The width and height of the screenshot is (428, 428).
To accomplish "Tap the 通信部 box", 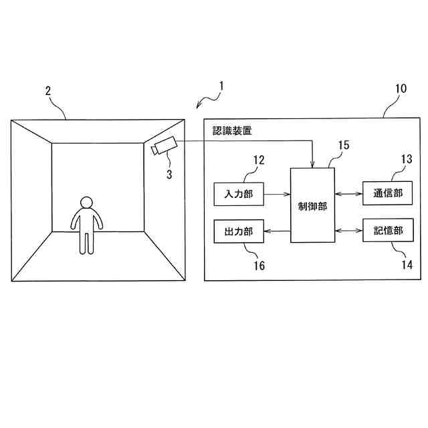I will [388, 194].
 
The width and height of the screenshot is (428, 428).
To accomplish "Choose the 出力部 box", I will [239, 231].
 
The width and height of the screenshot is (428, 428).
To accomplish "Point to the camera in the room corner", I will [163, 146].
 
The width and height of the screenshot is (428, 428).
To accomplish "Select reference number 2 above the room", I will [48, 92].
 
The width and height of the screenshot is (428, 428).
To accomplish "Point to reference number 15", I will [344, 144].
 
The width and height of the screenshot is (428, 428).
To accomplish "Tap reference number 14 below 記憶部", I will [405, 265].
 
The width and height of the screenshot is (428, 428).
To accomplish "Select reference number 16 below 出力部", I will [259, 265].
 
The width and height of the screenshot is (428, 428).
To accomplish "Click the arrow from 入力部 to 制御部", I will [278, 194].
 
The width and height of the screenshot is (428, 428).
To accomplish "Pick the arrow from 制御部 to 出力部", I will [278, 231].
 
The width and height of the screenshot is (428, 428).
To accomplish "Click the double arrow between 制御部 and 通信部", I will [348, 194].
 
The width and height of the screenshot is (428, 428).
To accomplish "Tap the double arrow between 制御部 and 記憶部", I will [348, 231].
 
